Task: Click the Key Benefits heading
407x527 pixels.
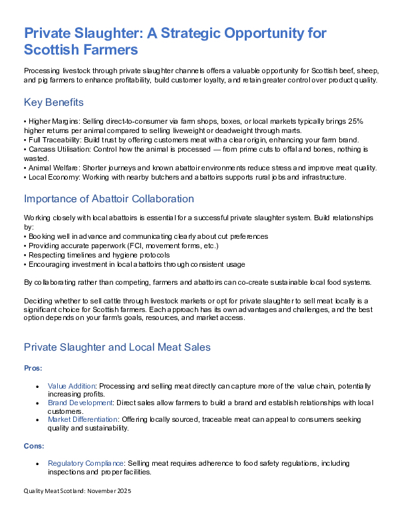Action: [x=53, y=102]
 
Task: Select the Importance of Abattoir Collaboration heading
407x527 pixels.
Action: [x=108, y=199]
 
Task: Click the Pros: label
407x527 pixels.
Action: [x=33, y=367]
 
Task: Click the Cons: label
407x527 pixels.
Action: [x=34, y=446]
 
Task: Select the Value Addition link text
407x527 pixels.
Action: [x=72, y=387]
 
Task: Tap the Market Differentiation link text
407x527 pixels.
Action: [x=82, y=420]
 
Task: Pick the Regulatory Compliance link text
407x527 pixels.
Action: [x=85, y=463]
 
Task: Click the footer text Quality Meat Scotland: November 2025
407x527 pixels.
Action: [x=77, y=492]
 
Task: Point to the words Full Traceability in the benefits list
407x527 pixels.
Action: [x=51, y=140]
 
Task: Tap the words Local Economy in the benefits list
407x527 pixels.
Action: [x=51, y=177]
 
